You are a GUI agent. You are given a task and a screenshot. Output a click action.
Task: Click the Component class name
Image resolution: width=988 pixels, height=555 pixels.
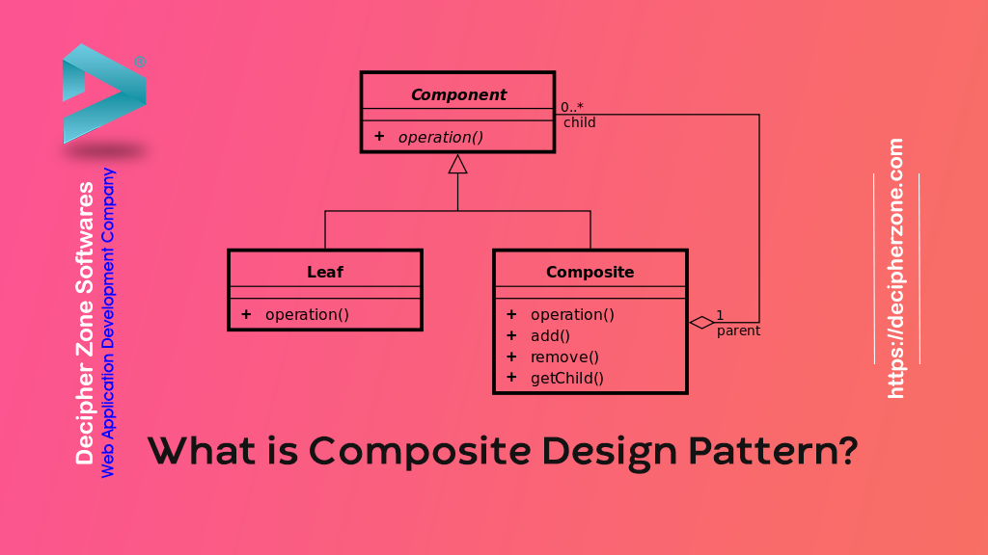point(458,94)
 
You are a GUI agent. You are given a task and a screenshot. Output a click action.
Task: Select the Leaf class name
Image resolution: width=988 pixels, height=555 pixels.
point(325,272)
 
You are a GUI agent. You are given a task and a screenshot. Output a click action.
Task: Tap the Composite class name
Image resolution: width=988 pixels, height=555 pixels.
point(590,272)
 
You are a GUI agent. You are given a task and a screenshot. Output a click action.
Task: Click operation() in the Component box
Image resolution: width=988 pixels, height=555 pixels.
point(440,137)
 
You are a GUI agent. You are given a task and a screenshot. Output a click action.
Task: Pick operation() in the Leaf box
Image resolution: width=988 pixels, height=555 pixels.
point(307,314)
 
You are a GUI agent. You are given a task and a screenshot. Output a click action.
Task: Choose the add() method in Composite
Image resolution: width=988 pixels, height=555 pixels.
point(550,335)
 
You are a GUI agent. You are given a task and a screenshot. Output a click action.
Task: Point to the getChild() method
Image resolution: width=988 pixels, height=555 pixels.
point(566,378)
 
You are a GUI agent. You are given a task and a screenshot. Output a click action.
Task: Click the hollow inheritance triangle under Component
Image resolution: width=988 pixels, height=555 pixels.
point(457,164)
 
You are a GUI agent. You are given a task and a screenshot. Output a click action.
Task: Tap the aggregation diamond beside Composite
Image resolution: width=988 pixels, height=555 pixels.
point(701,322)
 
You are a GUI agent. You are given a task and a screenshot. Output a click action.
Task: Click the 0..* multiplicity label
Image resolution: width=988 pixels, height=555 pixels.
point(572,107)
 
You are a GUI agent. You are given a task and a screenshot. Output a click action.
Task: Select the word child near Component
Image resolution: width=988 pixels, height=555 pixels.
point(580,122)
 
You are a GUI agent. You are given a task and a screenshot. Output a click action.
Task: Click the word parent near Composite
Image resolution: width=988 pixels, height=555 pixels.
point(738,330)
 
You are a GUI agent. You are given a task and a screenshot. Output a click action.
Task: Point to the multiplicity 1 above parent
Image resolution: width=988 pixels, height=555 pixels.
point(720,315)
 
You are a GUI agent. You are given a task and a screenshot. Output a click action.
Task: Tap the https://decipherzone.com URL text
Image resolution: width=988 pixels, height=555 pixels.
point(896,269)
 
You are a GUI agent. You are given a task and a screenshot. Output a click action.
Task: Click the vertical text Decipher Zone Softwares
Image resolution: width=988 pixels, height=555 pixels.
point(86,323)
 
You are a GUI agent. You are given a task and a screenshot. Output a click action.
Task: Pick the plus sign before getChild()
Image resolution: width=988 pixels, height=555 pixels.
point(511,378)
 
